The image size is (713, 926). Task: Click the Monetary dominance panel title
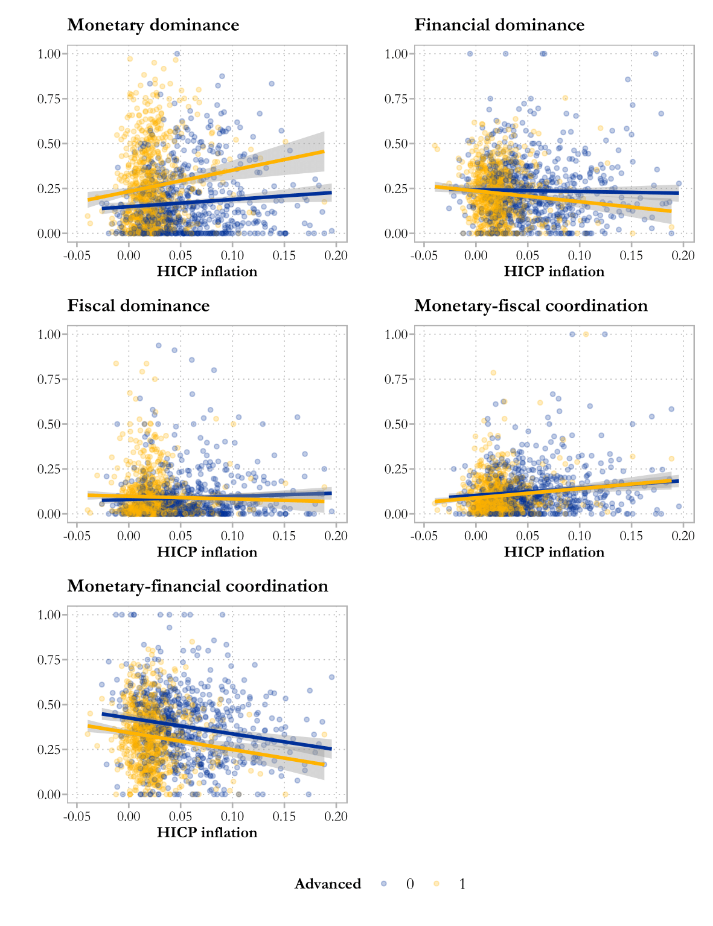(x=153, y=25)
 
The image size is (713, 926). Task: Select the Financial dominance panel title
(x=499, y=25)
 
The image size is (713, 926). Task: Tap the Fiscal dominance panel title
(x=138, y=306)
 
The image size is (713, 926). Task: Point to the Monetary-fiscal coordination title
(x=531, y=306)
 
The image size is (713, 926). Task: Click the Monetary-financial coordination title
(x=197, y=586)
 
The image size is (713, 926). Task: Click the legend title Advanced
(x=328, y=884)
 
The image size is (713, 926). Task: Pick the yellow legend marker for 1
(x=436, y=884)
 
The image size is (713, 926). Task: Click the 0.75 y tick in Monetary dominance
(x=49, y=99)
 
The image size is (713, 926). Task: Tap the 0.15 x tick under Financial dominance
(x=631, y=256)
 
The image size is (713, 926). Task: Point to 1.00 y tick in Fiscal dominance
(x=49, y=334)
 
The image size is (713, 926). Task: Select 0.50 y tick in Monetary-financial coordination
(x=49, y=705)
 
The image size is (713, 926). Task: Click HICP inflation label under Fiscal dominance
(x=207, y=552)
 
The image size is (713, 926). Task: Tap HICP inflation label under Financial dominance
(x=554, y=272)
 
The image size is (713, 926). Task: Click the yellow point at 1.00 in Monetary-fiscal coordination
(x=586, y=334)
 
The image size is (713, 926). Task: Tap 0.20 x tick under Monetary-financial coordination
(x=336, y=817)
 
